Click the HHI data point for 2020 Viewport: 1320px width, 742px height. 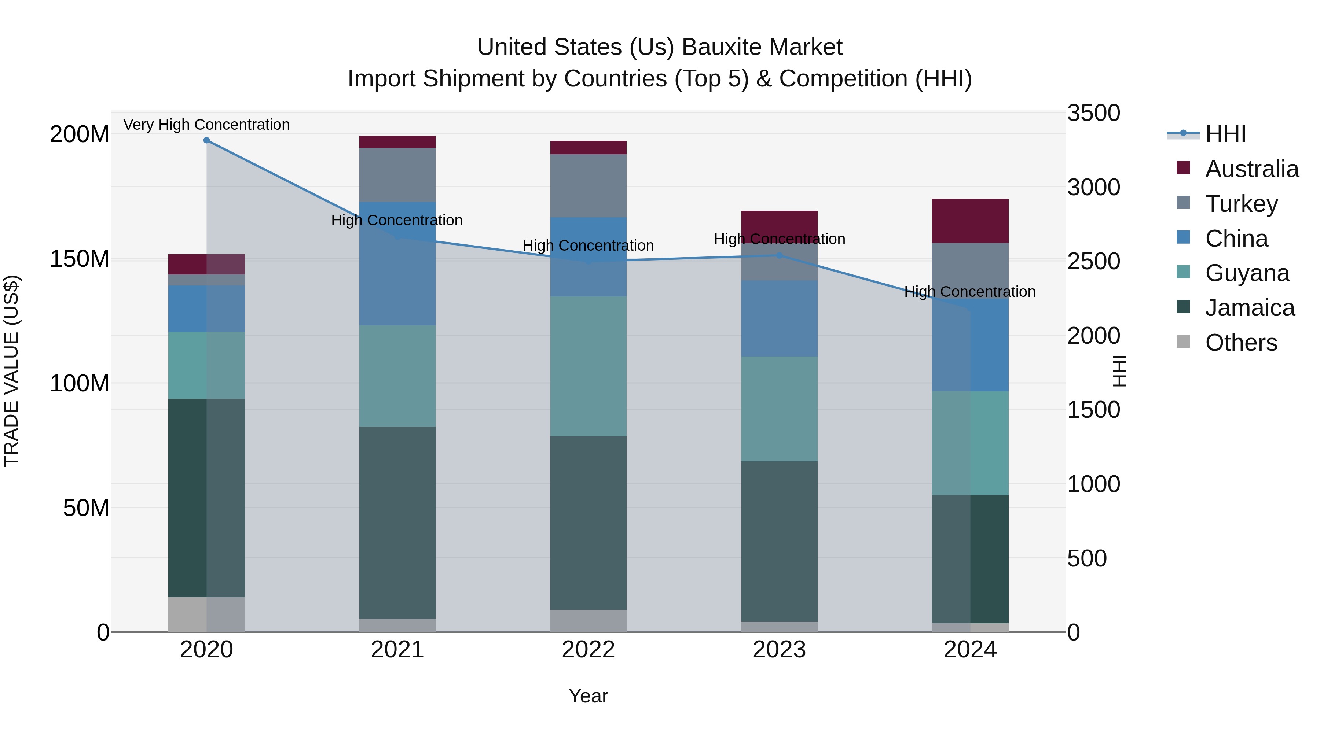coord(206,140)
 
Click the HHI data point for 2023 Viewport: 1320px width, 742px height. coord(779,255)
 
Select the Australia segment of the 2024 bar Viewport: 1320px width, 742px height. coord(970,221)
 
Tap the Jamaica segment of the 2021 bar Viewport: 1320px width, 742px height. coord(397,522)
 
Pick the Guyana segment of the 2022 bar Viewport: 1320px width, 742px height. coord(588,366)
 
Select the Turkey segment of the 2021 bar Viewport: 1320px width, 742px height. coord(397,175)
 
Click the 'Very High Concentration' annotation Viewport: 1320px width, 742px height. coord(206,125)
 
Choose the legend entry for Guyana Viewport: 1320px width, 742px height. coord(1247,273)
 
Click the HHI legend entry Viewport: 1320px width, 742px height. coord(1225,134)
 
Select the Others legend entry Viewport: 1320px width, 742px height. coord(1240,343)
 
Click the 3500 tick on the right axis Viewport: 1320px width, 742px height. coord(1093,113)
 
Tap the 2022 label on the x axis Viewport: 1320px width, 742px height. coord(588,650)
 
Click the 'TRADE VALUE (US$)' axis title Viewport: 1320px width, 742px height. coord(11,371)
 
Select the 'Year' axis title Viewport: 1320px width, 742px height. coord(588,696)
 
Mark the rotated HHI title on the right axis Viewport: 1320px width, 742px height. coord(1120,371)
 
